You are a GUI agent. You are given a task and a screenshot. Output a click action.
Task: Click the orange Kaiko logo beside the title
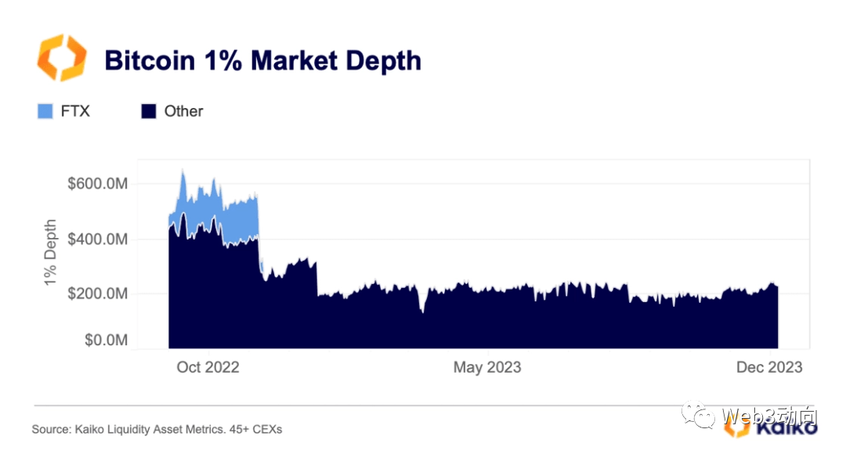click(61, 58)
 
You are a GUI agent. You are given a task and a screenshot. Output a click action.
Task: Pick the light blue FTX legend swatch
click(45, 111)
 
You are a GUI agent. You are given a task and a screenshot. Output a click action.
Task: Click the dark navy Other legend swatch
click(149, 111)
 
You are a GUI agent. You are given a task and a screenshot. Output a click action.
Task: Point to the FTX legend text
click(75, 111)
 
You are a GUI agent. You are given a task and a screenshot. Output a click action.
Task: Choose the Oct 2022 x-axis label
click(208, 366)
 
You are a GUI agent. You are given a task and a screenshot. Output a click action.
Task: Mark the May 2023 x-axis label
click(486, 366)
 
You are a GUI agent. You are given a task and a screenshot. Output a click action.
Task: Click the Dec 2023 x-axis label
click(768, 366)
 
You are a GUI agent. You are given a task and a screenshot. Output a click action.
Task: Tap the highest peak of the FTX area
click(183, 171)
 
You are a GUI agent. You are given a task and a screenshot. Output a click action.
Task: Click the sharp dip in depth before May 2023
click(422, 312)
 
